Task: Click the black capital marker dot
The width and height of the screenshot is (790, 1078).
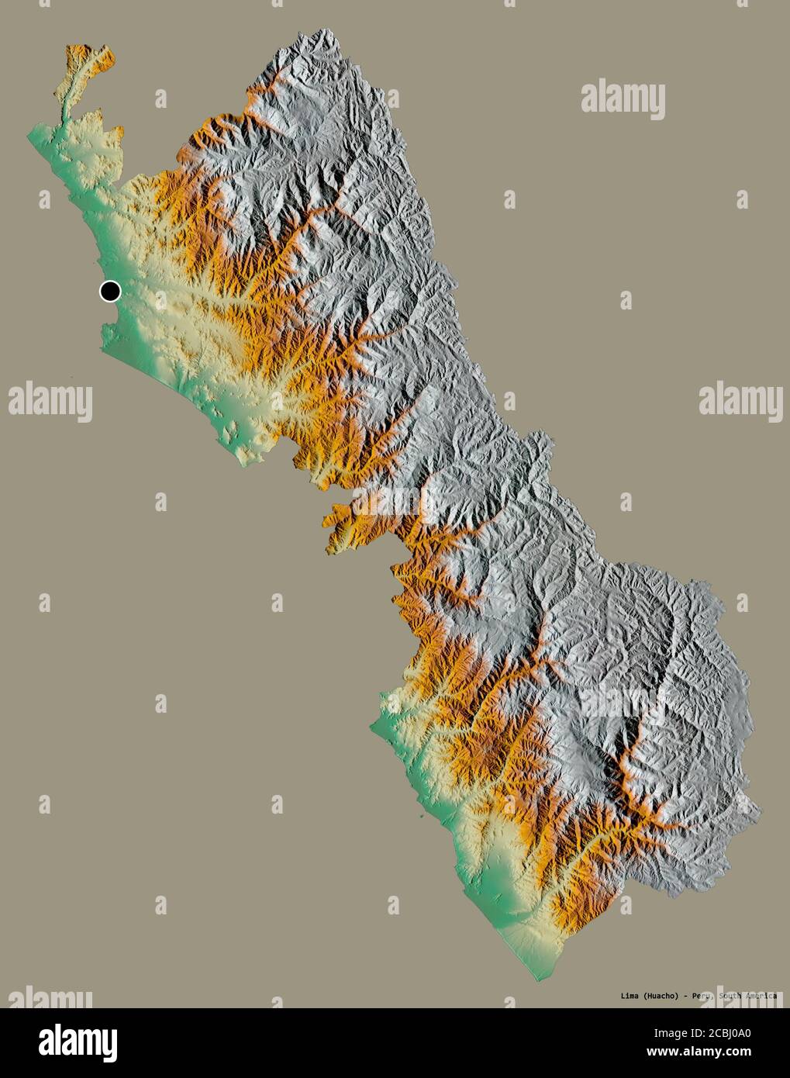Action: point(110,292)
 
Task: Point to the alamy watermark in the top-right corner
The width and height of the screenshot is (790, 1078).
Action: point(623,98)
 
